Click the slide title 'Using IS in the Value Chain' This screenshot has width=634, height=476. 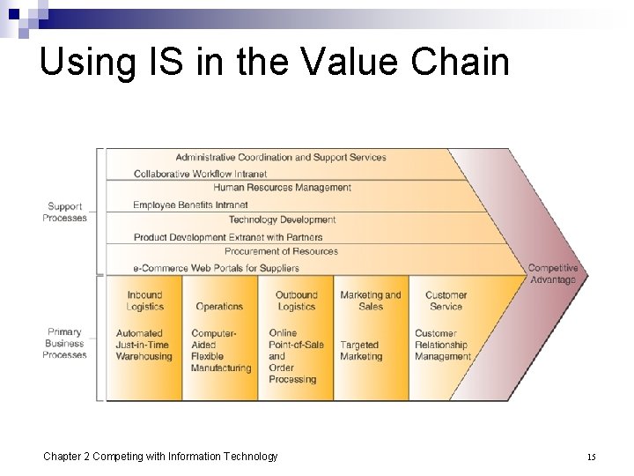274,63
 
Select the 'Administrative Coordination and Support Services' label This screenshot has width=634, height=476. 280,158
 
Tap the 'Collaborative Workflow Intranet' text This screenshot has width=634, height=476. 200,174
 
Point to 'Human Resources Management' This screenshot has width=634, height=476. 282,188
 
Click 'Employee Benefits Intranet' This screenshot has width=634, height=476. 190,205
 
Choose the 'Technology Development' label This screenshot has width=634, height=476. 282,219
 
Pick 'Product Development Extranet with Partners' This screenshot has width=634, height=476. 228,237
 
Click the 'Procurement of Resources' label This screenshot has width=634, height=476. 281,251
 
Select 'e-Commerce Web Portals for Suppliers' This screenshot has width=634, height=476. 216,268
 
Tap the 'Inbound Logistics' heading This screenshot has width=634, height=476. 144,301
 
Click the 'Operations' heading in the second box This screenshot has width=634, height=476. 219,307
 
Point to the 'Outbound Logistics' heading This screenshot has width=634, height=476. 296,301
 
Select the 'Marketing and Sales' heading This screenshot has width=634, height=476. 371,301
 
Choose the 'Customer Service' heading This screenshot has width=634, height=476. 446,301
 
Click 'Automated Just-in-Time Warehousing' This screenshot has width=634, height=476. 144,345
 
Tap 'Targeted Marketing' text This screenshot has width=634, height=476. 361,351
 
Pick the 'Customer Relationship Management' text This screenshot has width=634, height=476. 443,345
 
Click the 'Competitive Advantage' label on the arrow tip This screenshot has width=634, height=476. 553,274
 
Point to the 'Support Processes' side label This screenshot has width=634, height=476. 65,212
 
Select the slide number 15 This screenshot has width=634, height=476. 592,457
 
